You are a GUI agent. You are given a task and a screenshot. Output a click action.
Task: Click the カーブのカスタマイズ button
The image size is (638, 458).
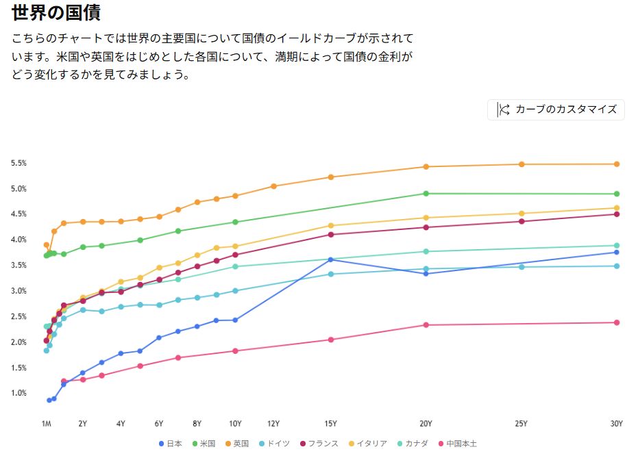tap(556, 110)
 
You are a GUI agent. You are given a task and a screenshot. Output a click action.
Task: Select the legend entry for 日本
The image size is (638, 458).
tap(171, 444)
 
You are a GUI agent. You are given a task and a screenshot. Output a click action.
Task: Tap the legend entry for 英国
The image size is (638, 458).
tap(236, 444)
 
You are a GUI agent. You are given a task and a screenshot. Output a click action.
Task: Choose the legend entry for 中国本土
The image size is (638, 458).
tap(458, 444)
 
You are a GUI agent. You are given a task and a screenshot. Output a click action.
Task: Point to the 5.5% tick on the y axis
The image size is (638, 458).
tap(19, 163)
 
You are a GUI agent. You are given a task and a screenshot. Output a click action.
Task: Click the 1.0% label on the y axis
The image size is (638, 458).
tap(19, 393)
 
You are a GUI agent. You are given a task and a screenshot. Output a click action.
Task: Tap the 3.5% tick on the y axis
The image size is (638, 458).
tap(19, 266)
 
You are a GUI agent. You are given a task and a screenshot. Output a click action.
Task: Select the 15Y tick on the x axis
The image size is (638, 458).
tap(330, 424)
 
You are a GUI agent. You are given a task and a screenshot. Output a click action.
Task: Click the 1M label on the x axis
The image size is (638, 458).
tap(47, 424)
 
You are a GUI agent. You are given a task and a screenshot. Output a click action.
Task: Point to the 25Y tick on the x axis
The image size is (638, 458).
tap(522, 424)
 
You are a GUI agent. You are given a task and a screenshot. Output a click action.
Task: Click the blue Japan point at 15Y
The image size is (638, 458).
tap(330, 259)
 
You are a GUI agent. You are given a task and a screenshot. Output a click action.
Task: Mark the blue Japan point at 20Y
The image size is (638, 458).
tap(426, 274)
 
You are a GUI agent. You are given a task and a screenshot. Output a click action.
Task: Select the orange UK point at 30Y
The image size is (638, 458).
tap(617, 164)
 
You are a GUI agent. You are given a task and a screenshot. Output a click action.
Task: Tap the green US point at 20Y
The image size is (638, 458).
tap(426, 194)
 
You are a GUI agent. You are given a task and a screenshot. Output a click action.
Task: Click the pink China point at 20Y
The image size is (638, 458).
tap(426, 325)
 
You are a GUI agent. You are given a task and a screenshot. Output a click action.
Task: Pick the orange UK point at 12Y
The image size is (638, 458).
tap(273, 186)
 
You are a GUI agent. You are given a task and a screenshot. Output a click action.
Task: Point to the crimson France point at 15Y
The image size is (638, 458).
tap(330, 235)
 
